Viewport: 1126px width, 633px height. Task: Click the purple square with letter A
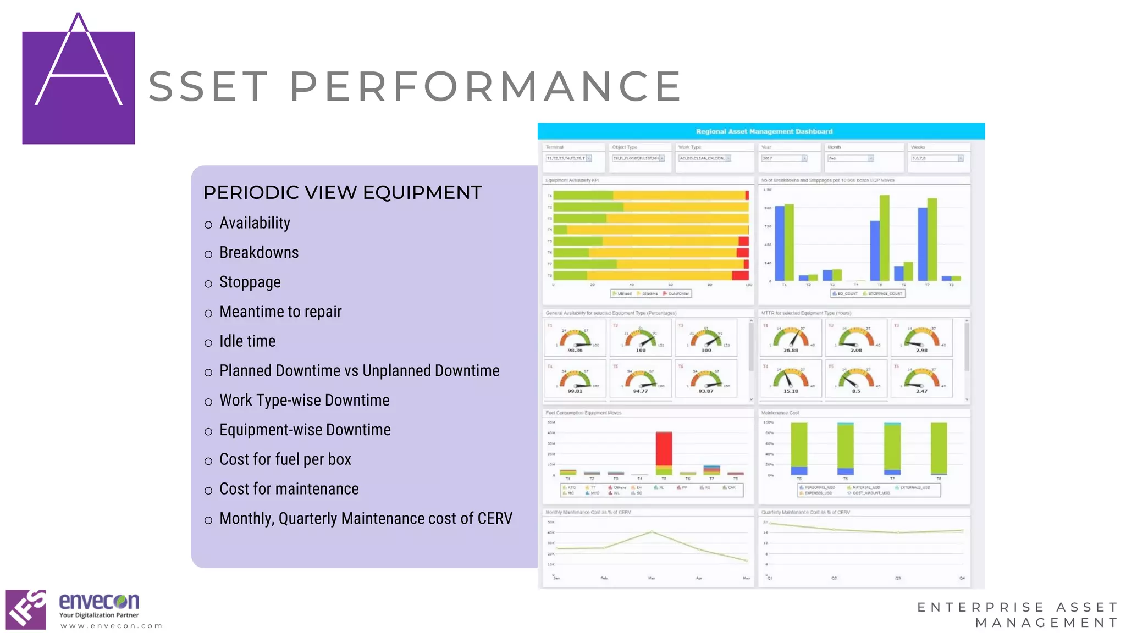pos(78,88)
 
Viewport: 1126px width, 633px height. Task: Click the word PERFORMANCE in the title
pos(485,86)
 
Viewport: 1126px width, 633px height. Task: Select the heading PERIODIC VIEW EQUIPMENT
pos(342,193)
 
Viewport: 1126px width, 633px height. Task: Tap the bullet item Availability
pos(255,223)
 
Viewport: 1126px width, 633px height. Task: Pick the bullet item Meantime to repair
pos(280,312)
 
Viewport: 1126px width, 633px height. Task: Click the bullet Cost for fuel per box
pos(285,459)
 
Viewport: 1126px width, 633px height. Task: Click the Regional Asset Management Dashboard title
pos(764,131)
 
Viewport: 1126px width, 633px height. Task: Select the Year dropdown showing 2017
pos(784,158)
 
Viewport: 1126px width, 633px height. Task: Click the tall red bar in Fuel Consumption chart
pos(664,449)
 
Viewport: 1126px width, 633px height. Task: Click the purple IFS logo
pos(26,609)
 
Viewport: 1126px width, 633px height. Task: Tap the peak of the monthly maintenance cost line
pos(652,531)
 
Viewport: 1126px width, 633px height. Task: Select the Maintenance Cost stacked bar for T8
pos(939,448)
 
